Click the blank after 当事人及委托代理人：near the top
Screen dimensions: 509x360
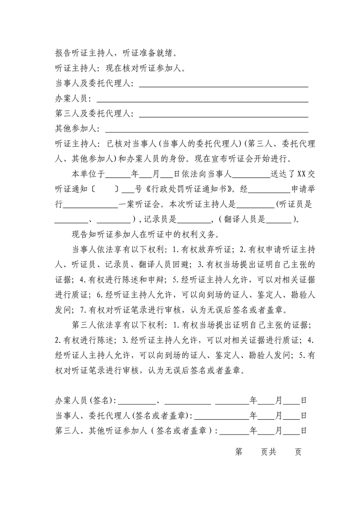click(x=223, y=85)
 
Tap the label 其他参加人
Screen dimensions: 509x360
click(x=74, y=129)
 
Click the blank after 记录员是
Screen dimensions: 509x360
click(x=194, y=220)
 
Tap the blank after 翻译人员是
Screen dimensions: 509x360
click(x=278, y=220)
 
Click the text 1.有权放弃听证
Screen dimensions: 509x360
click(x=207, y=250)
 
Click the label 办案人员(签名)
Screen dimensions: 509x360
click(x=85, y=401)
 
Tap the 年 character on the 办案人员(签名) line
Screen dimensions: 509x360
click(x=254, y=401)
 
